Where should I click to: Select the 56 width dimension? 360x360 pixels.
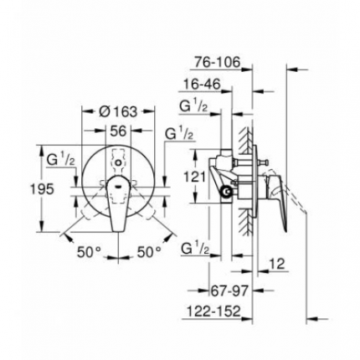119,131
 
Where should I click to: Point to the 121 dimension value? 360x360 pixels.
194,177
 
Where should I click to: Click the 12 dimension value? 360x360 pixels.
280,264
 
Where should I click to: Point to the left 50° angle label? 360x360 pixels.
90,250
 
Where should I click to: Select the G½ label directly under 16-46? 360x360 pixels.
193,106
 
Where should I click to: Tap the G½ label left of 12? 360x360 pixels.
195,249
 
